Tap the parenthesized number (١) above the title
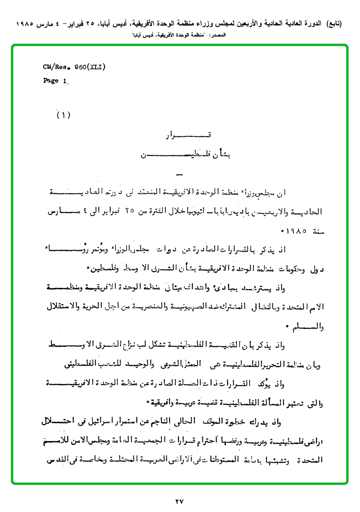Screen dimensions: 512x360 click(63, 115)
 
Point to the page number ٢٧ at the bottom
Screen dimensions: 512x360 click(179, 501)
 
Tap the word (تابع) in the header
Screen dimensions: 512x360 click(332, 23)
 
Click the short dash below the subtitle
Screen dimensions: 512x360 click(179, 173)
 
